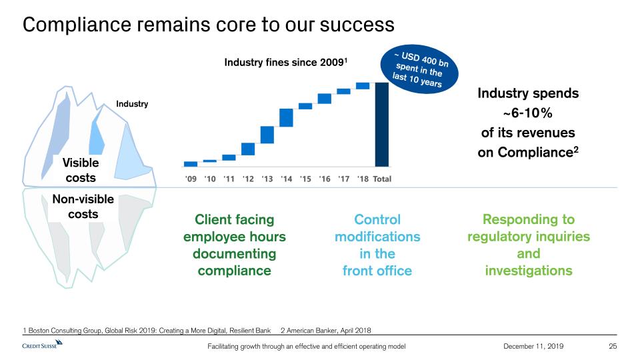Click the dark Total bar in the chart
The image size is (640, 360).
[x=381, y=124]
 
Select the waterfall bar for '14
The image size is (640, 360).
[x=286, y=117]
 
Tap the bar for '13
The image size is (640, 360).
[x=267, y=135]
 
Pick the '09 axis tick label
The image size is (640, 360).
[x=191, y=179]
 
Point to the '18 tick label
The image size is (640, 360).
[x=363, y=179]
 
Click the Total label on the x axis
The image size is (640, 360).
[x=382, y=179]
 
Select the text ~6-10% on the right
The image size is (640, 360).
[x=527, y=113]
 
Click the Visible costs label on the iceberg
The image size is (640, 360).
[x=81, y=170]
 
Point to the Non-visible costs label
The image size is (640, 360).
[x=83, y=207]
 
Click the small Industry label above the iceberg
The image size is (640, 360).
[x=132, y=104]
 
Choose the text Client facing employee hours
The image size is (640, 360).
[x=234, y=228]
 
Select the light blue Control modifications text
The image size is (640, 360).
[x=377, y=228]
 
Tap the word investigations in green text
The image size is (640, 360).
[x=529, y=270]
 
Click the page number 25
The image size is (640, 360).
[x=613, y=347]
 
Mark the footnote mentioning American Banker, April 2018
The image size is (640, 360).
[x=326, y=330]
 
